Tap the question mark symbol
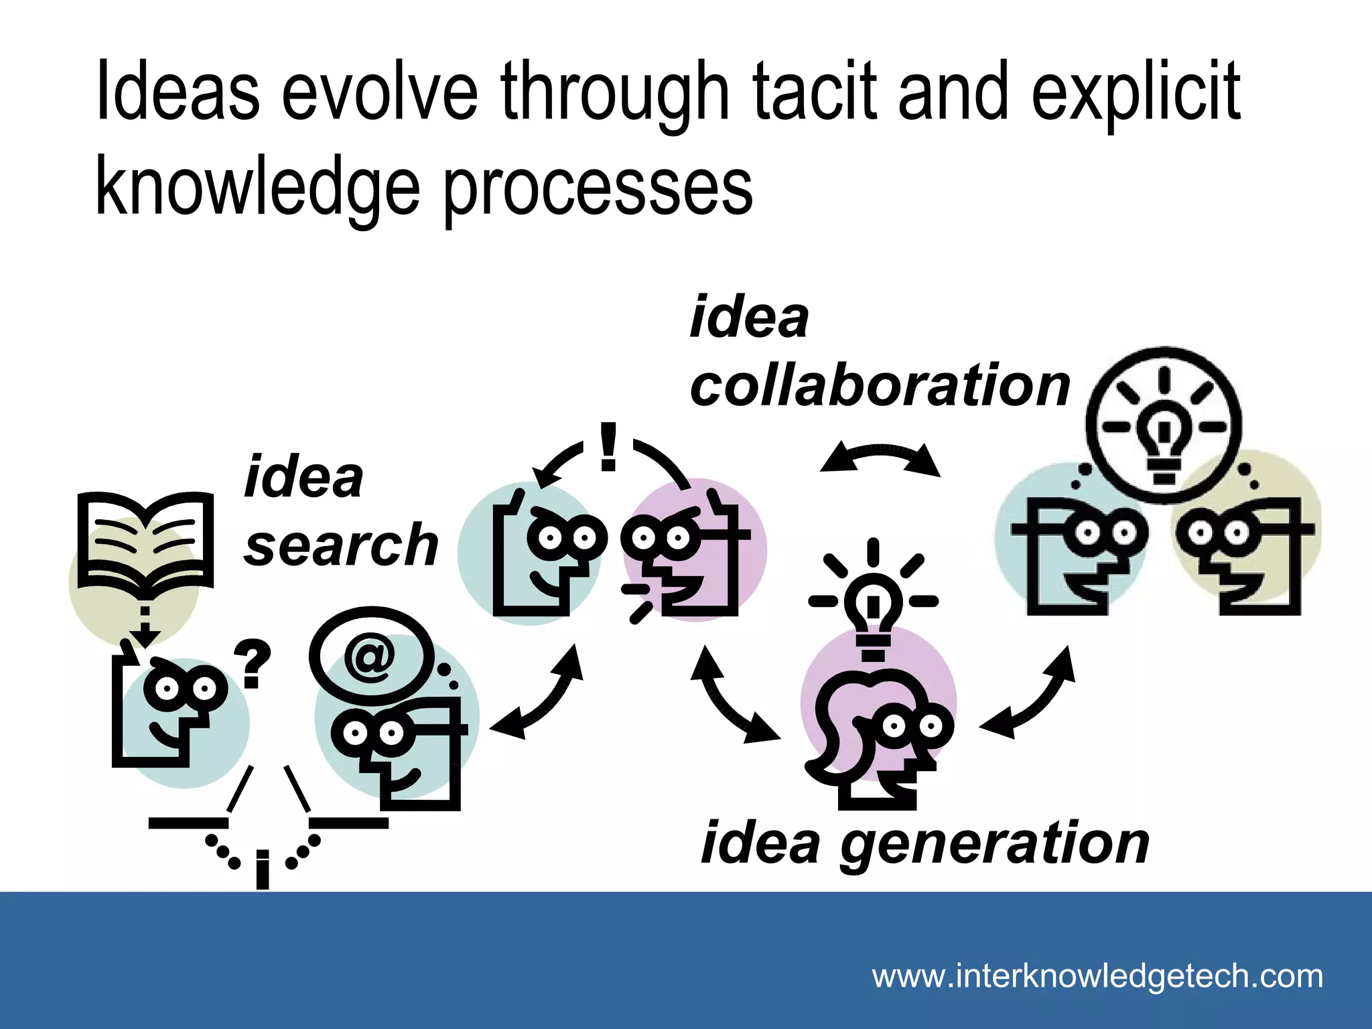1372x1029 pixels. tap(252, 663)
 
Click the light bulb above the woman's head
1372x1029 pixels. tap(873, 606)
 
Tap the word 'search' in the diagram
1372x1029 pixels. tap(341, 545)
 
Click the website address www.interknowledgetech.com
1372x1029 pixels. tap(1097, 976)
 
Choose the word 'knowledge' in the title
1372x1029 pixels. tap(257, 187)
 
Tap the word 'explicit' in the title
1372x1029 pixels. tap(1136, 94)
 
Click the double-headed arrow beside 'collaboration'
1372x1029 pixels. tap(880, 458)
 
